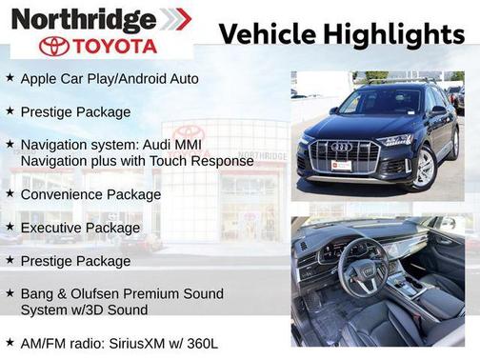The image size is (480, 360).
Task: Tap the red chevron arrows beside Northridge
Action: click(x=175, y=19)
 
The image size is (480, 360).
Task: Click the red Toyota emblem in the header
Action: click(x=54, y=46)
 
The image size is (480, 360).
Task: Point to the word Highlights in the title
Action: click(x=392, y=35)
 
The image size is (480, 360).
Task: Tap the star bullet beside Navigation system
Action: click(x=10, y=145)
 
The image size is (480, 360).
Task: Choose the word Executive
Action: click(x=52, y=228)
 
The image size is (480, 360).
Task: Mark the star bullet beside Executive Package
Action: click(x=10, y=228)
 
